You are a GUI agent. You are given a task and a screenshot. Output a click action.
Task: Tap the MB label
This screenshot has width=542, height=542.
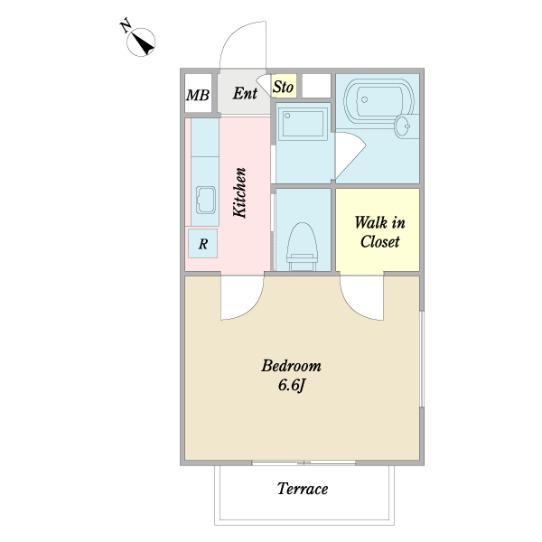point(198,95)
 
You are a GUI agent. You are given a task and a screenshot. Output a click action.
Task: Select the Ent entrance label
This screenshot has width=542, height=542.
point(245,93)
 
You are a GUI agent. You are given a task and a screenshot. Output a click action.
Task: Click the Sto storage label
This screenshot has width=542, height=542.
point(284,87)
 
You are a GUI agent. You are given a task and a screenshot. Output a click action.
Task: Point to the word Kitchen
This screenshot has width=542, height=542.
point(239,192)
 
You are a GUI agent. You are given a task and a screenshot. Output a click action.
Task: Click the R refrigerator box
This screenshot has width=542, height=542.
point(203,243)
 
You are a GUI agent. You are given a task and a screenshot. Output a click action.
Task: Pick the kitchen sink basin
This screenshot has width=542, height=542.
point(206,200)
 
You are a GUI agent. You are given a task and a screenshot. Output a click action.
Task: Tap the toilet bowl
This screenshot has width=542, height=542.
point(302,246)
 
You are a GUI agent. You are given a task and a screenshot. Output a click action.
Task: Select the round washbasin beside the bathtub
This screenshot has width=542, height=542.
point(402,126)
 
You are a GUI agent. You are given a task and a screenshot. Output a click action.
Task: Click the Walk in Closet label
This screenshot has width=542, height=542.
point(380,232)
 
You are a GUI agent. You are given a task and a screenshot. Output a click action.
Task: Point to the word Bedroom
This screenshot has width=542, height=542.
point(291,366)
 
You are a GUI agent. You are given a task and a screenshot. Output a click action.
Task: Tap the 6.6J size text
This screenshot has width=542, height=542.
point(292,386)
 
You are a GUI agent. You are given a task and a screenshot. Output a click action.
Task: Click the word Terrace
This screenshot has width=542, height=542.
point(303,489)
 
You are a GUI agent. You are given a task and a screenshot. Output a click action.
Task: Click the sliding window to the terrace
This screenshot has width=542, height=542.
point(304,463)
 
